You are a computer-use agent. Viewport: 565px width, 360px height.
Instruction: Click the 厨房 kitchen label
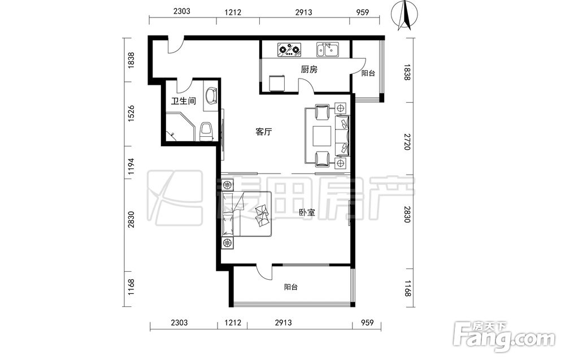(309, 69)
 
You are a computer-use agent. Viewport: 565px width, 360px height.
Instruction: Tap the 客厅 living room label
(263, 132)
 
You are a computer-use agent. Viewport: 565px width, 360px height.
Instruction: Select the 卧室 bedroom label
(307, 212)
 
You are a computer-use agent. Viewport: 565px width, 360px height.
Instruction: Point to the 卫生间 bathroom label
(184, 101)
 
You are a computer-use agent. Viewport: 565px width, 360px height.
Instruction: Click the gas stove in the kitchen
(289, 50)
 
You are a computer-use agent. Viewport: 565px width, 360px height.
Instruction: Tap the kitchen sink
(328, 50)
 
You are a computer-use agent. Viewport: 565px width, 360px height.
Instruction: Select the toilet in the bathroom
(206, 132)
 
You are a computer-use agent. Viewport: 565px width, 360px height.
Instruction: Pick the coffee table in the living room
(323, 137)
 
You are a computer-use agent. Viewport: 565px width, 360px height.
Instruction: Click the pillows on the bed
(262, 215)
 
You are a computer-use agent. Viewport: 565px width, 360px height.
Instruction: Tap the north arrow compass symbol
(405, 15)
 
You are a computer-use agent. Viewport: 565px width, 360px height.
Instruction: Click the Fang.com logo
(506, 337)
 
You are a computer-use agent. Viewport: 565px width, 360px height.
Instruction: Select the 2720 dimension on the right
(407, 142)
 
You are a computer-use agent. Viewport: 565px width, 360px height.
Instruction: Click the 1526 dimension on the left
(131, 113)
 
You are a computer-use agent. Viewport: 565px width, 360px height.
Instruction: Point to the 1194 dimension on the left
(131, 167)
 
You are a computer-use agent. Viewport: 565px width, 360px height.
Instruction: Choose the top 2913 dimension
(303, 12)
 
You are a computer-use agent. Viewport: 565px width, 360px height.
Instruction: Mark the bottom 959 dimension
(367, 323)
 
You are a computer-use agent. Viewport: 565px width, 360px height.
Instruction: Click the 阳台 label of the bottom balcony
(291, 287)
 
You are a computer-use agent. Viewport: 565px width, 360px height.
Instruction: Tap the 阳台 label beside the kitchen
(368, 73)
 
